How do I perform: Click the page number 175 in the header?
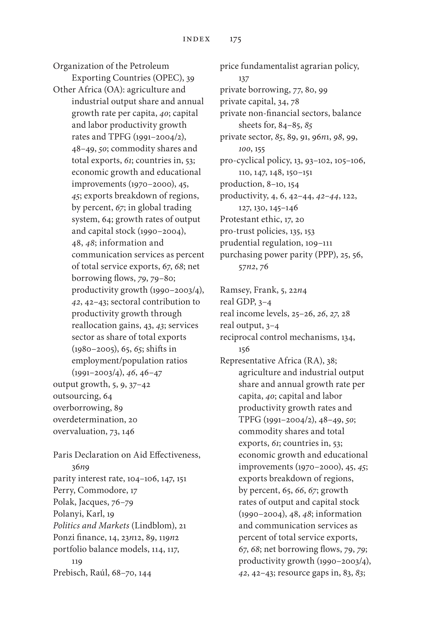[235, 39]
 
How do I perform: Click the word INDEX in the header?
[196, 39]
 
